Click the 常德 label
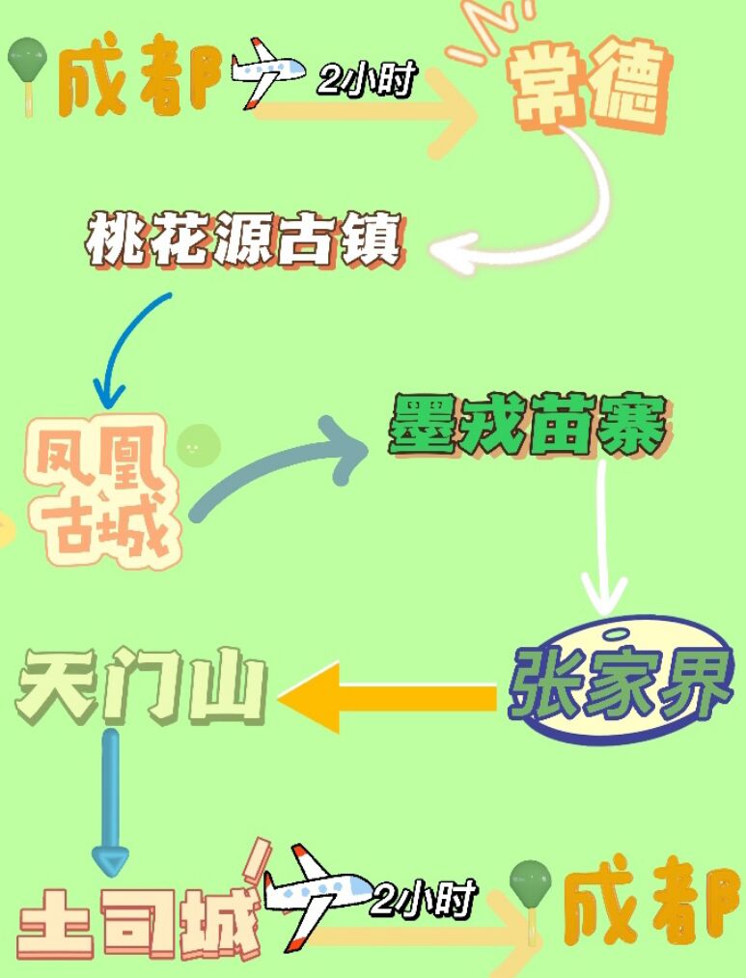(x=590, y=88)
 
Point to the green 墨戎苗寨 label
(x=527, y=425)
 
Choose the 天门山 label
(x=141, y=688)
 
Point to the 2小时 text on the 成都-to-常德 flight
(x=365, y=80)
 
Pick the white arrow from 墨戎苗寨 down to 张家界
(x=603, y=541)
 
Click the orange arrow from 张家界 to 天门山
(x=386, y=696)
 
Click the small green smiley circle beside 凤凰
(x=199, y=445)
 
